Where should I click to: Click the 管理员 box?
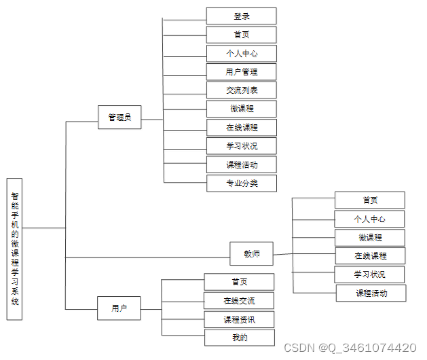pyautogui.click(x=119, y=118)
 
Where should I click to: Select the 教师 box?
pyautogui.click(x=251, y=254)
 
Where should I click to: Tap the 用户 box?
pyautogui.click(x=119, y=308)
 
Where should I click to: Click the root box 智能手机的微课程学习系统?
pyautogui.click(x=14, y=249)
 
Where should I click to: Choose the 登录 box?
pyautogui.click(x=241, y=16)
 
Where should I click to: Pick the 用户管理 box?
pyautogui.click(x=241, y=72)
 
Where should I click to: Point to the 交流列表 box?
pyautogui.click(x=242, y=90)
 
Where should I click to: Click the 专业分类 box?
pyautogui.click(x=242, y=183)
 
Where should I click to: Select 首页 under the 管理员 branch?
pyautogui.click(x=241, y=35)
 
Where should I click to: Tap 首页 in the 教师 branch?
pyautogui.click(x=370, y=200)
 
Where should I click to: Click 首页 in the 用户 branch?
pyautogui.click(x=239, y=282)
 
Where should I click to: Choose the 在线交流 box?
pyautogui.click(x=239, y=301)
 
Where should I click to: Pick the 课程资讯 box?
pyautogui.click(x=239, y=319)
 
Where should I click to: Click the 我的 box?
pyautogui.click(x=240, y=338)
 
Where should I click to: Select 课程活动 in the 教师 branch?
pyautogui.click(x=371, y=293)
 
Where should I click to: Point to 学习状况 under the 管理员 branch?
pyautogui.click(x=242, y=146)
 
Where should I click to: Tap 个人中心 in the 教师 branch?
pyautogui.click(x=369, y=219)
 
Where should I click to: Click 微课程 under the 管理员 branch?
pyautogui.click(x=242, y=109)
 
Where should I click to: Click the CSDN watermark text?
pyautogui.click(x=350, y=348)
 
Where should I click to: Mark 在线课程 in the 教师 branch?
pyautogui.click(x=371, y=256)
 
